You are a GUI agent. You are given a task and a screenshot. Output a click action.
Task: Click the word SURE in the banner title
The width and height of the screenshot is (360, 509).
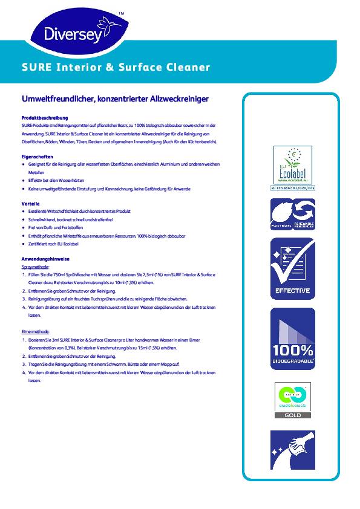(36, 67)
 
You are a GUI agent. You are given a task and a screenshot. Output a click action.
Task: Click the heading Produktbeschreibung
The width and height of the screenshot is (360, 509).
(45, 118)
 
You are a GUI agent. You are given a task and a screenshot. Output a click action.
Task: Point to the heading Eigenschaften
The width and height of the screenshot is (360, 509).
(38, 157)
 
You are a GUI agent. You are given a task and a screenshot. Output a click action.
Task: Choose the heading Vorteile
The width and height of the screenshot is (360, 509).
(31, 204)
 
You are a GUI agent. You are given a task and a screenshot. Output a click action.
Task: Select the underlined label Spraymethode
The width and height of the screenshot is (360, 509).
(35, 267)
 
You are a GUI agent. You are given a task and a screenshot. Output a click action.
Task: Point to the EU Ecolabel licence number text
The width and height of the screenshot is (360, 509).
(293, 187)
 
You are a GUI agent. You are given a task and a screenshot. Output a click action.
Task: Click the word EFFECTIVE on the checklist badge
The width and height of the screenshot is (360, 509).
(293, 291)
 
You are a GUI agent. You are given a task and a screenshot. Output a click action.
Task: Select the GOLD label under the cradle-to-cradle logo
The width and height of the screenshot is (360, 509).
(293, 415)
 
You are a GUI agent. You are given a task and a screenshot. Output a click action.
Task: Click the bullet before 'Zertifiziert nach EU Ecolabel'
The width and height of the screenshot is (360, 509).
(22, 243)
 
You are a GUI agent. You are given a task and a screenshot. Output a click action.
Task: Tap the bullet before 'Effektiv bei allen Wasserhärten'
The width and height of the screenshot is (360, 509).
(22, 181)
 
